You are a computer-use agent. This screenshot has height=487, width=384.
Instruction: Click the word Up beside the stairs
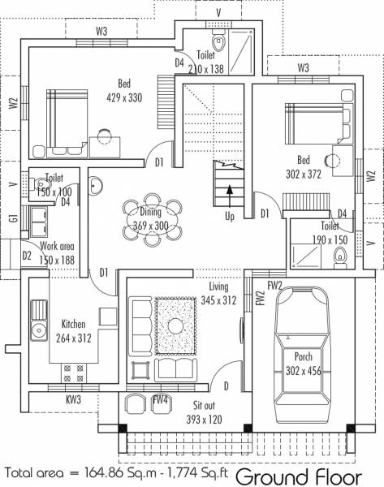231,217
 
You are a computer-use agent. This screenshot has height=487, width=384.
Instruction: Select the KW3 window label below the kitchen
73,399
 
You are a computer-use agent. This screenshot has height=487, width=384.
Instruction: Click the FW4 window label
160,399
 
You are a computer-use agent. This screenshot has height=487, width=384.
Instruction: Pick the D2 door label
27,256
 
